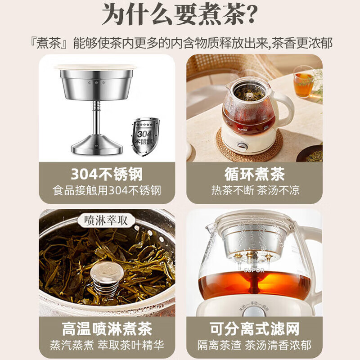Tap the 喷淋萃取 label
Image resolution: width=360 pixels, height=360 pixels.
(106, 221)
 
